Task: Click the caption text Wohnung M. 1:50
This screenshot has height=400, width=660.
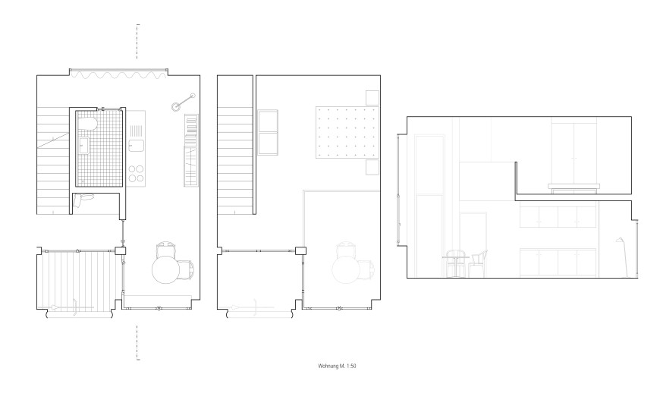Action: tap(337, 367)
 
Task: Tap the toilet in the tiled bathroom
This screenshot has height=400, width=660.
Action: tap(90, 124)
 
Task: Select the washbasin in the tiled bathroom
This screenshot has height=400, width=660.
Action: tap(84, 146)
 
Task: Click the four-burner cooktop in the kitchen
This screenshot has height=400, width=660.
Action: tap(136, 174)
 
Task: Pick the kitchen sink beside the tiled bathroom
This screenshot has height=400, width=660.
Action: tap(136, 145)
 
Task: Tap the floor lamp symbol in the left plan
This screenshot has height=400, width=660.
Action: tap(183, 102)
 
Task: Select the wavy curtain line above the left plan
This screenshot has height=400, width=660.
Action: tap(118, 75)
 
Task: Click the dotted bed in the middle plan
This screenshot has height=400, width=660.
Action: tap(347, 132)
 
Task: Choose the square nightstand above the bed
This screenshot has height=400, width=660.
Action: tap(372, 98)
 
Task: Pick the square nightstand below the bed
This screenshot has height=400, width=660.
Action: tap(372, 167)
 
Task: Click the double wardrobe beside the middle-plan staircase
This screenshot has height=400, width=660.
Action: tap(268, 133)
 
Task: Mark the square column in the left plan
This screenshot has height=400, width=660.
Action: tap(121, 251)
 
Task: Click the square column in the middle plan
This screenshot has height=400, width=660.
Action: tap(300, 251)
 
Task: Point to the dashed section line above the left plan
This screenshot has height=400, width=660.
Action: tap(137, 41)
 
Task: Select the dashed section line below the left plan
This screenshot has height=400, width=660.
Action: tap(137, 342)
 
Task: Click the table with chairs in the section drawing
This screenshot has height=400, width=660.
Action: tap(465, 263)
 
